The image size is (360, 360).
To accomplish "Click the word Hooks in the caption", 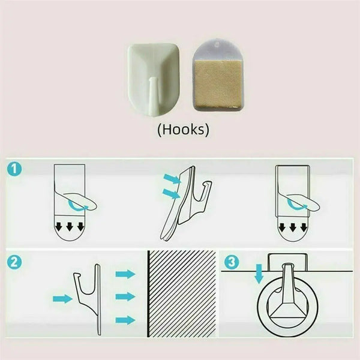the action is [x=183, y=130].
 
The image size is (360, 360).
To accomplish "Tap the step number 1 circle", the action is [x=14, y=169].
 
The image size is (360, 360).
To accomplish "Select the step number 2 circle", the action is [x=14, y=262].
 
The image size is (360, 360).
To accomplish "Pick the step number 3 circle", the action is [x=232, y=262].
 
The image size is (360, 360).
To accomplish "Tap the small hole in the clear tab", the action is [x=216, y=45].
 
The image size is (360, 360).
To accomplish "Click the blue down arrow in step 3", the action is [x=259, y=274].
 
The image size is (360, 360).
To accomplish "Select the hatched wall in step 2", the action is [x=182, y=293].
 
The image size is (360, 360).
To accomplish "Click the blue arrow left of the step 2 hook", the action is [x=62, y=299].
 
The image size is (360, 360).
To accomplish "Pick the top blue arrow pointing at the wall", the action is [x=125, y=274].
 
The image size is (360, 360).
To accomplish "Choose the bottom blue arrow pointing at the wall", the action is [x=125, y=320].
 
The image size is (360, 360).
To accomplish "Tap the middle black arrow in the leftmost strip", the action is [x=70, y=227].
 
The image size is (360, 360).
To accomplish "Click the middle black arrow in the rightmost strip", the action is [x=293, y=227].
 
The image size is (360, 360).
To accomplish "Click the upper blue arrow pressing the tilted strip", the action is [x=172, y=179].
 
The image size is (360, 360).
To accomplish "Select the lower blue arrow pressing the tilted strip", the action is [x=171, y=194].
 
